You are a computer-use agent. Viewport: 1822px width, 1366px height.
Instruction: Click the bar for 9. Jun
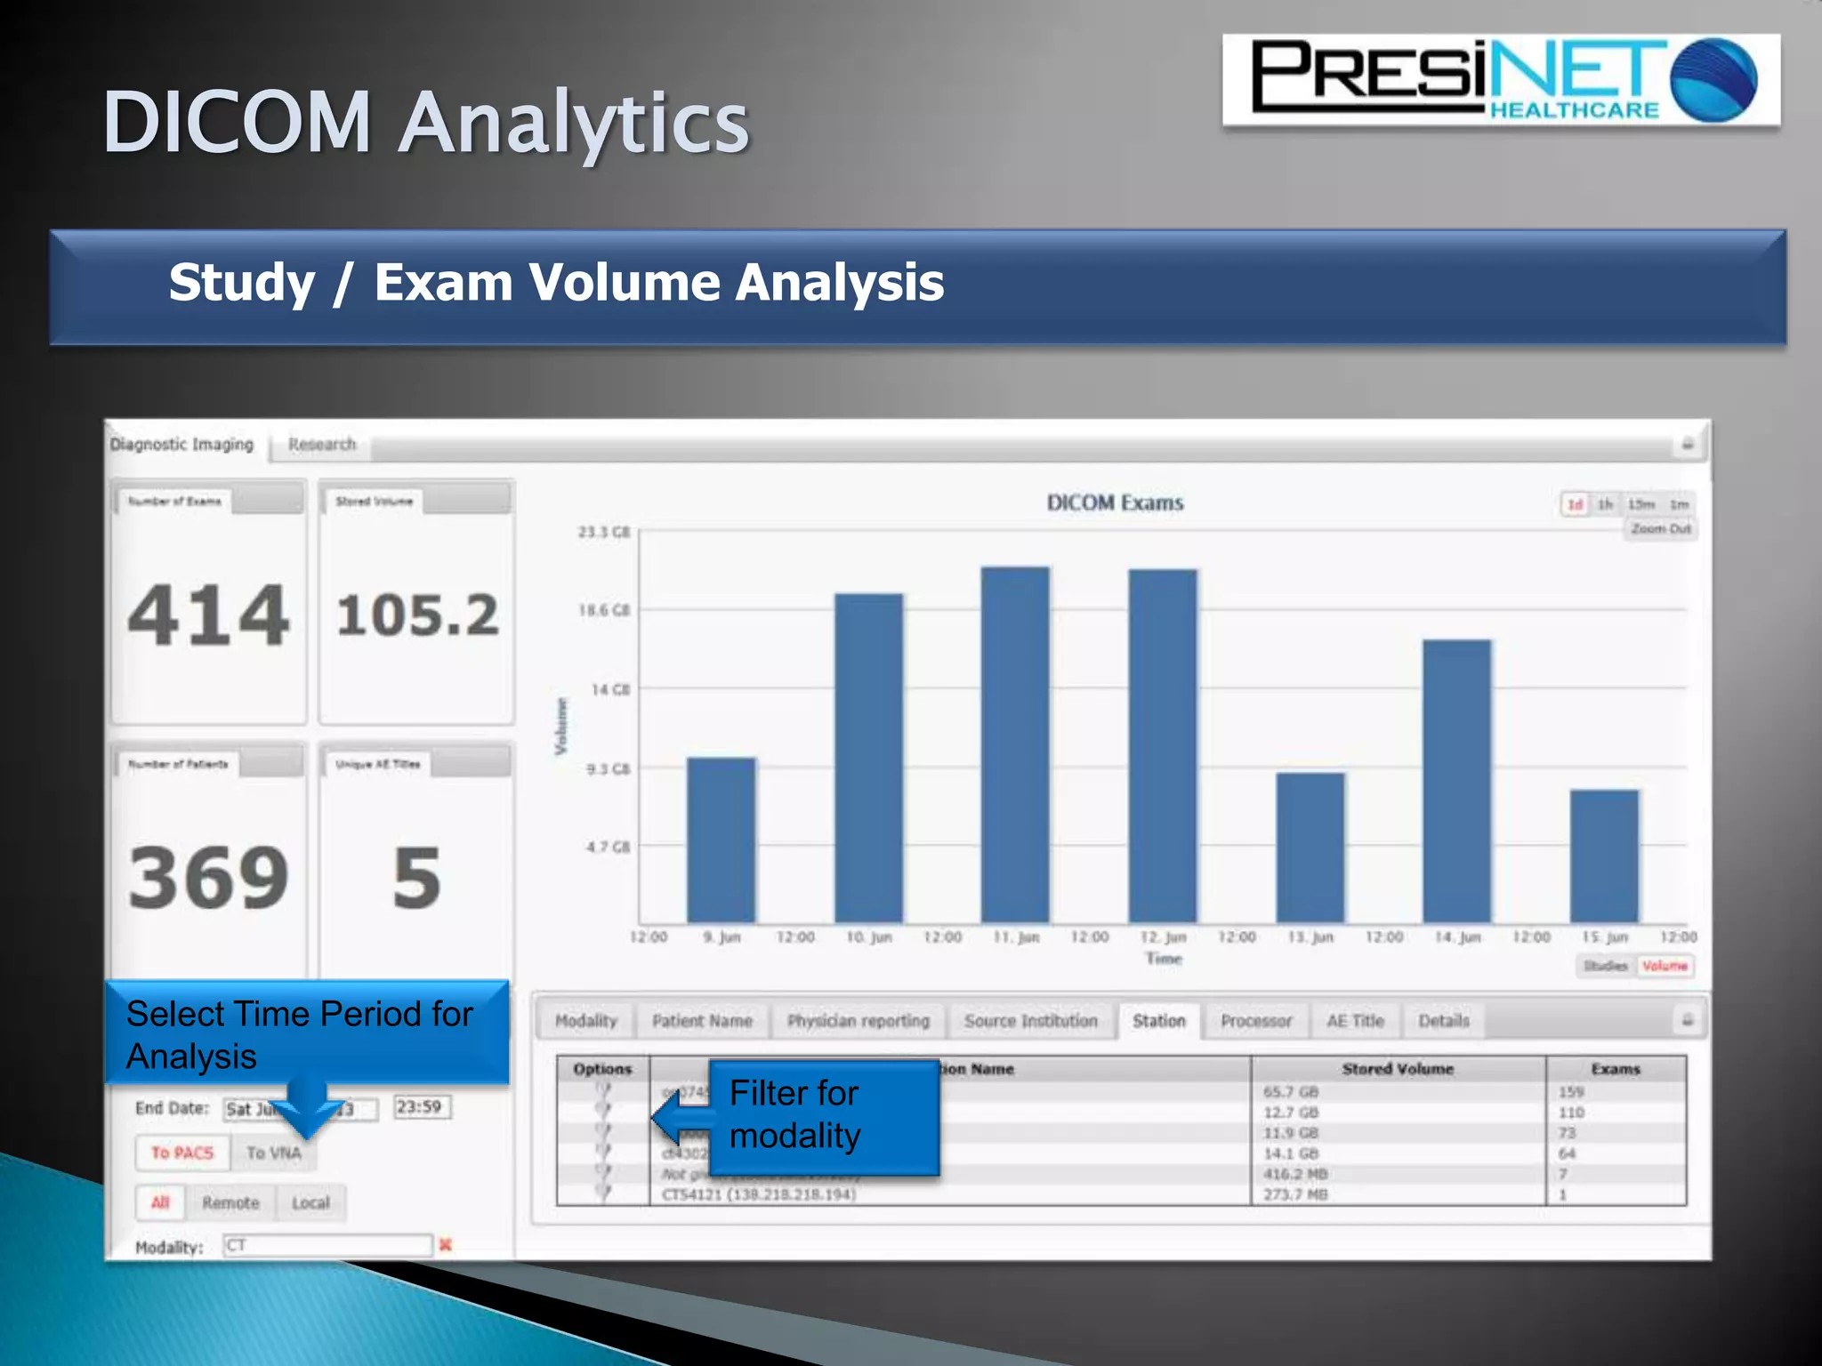pos(721,840)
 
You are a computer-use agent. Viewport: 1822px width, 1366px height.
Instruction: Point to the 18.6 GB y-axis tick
pos(604,610)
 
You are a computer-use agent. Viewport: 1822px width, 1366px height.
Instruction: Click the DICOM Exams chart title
pos(1115,502)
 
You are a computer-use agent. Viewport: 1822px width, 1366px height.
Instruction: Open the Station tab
pos(1158,1021)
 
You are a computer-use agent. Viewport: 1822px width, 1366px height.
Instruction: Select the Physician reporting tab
pos(858,1021)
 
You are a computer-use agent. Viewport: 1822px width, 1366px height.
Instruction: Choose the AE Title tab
pos(1355,1021)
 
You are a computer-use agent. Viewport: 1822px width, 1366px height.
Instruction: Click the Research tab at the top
pos(321,444)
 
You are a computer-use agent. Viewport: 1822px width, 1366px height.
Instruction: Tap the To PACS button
pos(182,1153)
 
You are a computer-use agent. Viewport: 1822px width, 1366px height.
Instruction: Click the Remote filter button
pos(230,1202)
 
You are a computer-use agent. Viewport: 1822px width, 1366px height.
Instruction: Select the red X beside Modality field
pos(446,1245)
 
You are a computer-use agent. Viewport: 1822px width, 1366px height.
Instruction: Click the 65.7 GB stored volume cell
pos(1291,1091)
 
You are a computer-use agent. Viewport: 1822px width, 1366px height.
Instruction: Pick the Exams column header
pos(1615,1069)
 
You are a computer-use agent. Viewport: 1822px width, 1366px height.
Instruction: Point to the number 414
pos(209,615)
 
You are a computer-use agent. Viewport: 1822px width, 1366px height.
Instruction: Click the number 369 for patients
pos(209,878)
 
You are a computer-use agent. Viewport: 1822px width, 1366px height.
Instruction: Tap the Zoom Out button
pos(1660,529)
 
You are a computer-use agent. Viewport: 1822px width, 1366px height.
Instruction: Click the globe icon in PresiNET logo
pos(1714,80)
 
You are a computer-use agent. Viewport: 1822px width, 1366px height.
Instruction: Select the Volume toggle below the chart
pos(1665,966)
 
